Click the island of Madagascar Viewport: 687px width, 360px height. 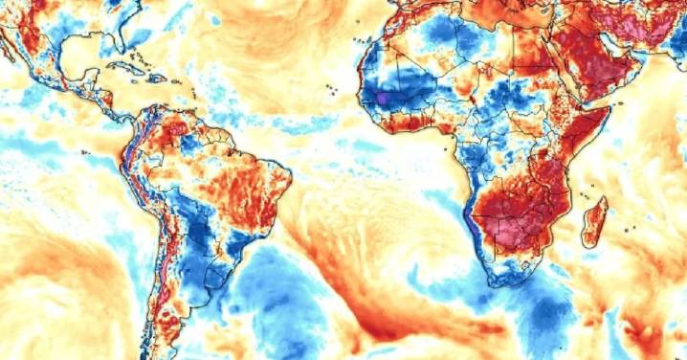point(594,219)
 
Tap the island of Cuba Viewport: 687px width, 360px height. point(122,68)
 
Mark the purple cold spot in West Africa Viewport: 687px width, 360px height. point(383,98)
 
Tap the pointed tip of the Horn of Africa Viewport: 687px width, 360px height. point(609,109)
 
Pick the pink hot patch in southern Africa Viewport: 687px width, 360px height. point(507,230)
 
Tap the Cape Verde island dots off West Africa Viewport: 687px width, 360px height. point(331,89)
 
